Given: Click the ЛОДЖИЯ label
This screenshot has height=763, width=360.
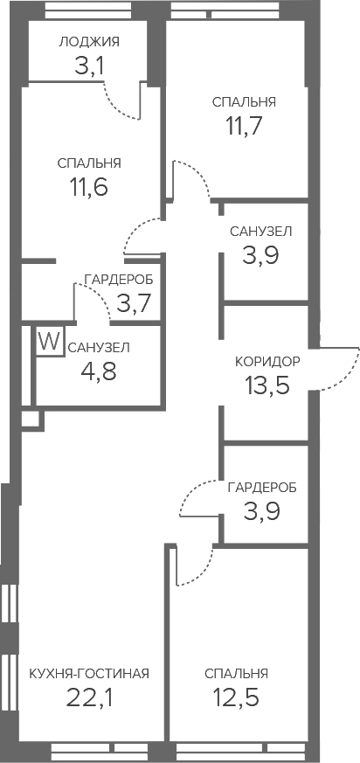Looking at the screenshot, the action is (x=88, y=42).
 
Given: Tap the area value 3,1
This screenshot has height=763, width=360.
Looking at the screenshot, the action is (x=89, y=66).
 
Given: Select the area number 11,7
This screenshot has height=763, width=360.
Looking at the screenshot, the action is (x=244, y=126).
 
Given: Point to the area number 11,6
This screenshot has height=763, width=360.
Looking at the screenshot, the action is (x=88, y=186).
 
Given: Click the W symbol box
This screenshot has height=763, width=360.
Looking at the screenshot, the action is (x=51, y=342).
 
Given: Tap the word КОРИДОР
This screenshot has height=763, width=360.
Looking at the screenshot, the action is (x=267, y=362).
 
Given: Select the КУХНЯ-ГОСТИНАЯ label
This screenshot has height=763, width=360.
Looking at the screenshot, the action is (x=89, y=674).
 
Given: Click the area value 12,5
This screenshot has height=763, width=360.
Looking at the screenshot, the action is (x=236, y=697).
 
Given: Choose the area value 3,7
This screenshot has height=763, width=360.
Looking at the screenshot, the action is (x=132, y=303).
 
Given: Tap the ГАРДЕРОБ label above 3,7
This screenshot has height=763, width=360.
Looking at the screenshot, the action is (x=119, y=280).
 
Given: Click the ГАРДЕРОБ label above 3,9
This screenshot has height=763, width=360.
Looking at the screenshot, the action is (x=262, y=488).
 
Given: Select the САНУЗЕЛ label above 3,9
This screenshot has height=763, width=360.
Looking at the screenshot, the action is (x=261, y=231).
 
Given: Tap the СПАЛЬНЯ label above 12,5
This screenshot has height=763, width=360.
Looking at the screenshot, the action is (x=237, y=674).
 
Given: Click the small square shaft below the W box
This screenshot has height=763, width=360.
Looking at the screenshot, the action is (x=31, y=420).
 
